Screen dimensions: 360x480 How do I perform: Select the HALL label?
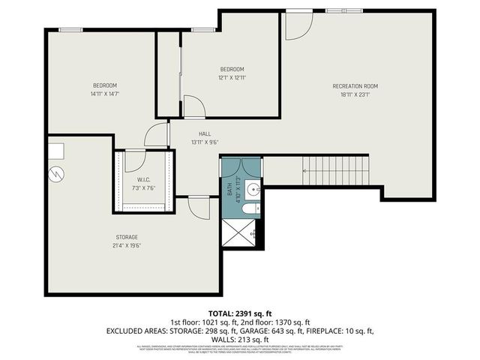coord(194,133)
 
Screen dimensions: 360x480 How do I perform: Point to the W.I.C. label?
coord(145,179)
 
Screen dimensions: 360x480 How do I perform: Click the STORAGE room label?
coord(127,237)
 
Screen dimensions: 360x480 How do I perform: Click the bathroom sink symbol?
coord(253,187)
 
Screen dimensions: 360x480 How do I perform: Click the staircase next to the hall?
coord(336,170)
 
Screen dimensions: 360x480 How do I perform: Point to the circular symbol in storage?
coord(55,175)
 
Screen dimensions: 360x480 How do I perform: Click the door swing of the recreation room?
coord(297,25)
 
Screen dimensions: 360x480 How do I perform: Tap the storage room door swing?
coord(199,207)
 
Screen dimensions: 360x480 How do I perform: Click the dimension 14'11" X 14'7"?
coord(105,94)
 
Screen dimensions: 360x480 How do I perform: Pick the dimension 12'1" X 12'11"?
coord(232,77)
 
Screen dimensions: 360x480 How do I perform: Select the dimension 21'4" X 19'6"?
coord(127,245)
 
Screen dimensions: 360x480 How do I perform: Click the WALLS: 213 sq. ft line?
coord(240,339)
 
